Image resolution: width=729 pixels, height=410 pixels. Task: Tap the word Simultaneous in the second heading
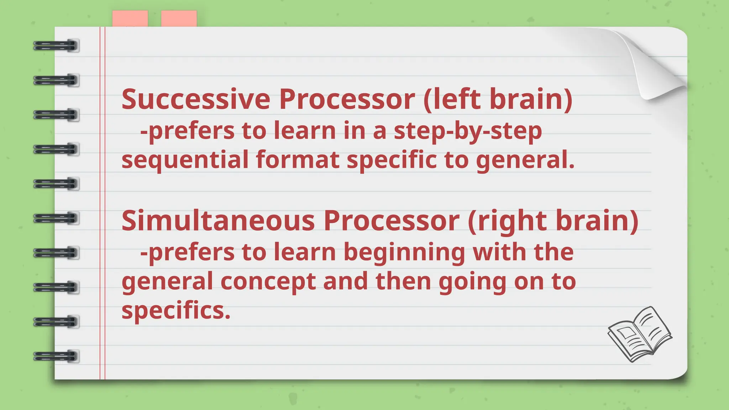pos(218,221)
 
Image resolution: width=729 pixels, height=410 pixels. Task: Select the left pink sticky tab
pos(130,19)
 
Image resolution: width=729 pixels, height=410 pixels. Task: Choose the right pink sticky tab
pos(179,19)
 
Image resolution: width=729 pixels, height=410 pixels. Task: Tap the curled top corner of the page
pos(659,64)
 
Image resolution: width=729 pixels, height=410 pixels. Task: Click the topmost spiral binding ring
pos(56,46)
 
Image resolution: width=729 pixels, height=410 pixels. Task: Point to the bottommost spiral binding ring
pos(56,356)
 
